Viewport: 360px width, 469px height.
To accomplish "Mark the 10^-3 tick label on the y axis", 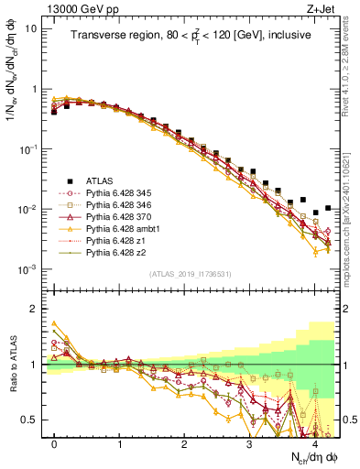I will pos(27,269).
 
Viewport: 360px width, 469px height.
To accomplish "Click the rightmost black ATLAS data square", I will pos(328,208).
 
